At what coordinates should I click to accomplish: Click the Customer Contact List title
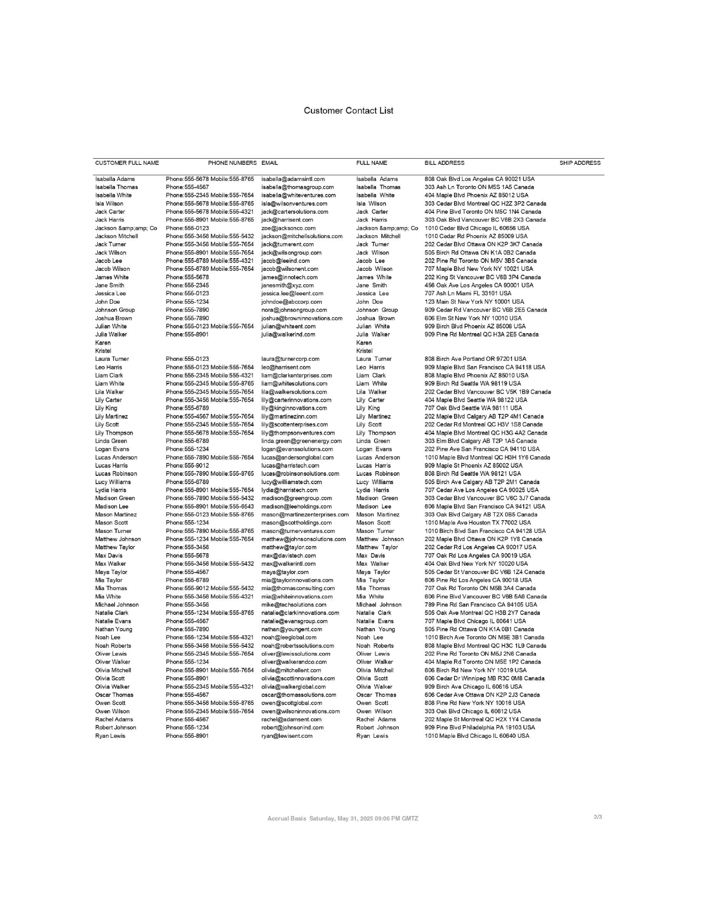[348, 110]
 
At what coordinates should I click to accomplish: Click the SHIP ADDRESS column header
[580, 163]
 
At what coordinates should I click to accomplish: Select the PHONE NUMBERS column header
[232, 163]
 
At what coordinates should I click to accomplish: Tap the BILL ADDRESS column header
[444, 163]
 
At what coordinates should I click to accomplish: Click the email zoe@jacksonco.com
[288, 228]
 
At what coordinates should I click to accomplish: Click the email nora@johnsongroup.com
[294, 310]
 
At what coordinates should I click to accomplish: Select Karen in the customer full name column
[103, 343]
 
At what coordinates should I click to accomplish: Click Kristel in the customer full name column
[103, 351]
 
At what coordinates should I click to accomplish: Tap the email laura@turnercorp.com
[290, 359]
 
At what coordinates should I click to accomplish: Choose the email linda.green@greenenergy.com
[302, 441]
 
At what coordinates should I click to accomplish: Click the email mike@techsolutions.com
[294, 605]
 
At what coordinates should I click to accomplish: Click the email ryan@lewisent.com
[287, 736]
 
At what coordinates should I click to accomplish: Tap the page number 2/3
[597, 817]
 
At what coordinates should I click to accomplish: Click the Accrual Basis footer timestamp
[343, 818]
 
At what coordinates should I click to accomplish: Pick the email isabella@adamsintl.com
[293, 179]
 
